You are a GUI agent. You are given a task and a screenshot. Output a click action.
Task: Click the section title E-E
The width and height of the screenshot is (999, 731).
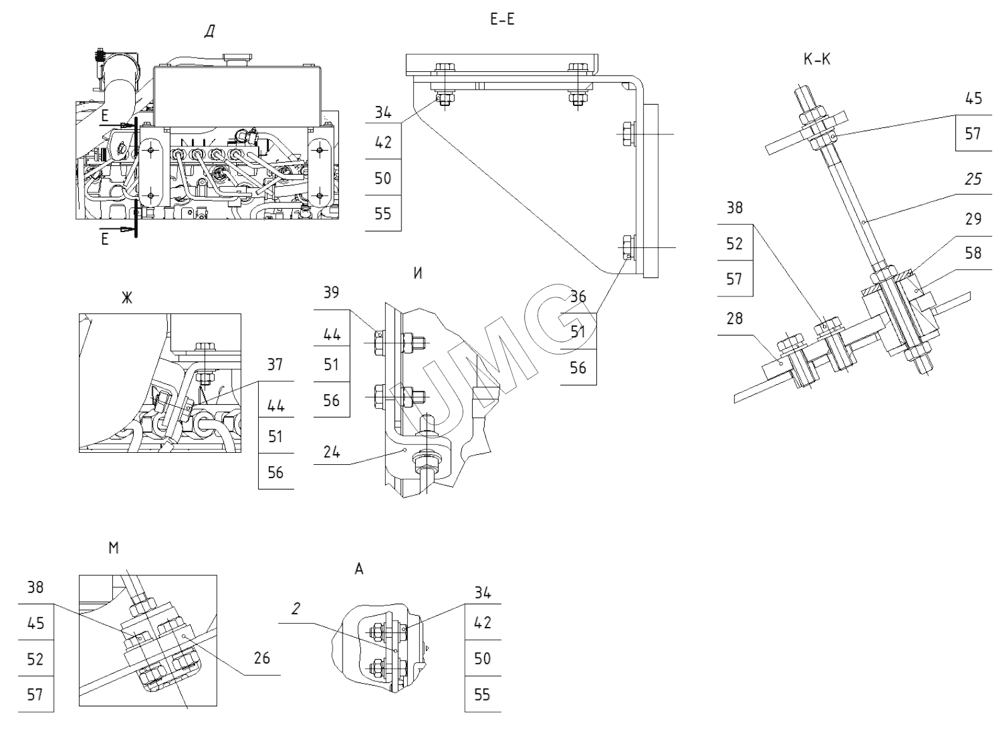click(502, 20)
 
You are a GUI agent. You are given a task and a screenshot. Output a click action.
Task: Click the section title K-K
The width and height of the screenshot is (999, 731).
click(817, 60)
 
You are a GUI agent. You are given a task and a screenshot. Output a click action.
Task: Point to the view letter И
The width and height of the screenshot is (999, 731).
click(417, 274)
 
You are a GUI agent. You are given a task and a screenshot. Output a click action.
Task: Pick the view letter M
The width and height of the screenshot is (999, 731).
click(114, 548)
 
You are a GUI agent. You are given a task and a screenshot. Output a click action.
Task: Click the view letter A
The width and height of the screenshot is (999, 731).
click(359, 569)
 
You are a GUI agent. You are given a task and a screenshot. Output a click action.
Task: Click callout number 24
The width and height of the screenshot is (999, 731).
click(331, 452)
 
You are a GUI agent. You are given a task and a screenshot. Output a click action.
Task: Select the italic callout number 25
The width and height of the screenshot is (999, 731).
click(973, 179)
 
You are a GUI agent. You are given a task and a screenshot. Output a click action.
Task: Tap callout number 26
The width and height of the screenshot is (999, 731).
click(261, 658)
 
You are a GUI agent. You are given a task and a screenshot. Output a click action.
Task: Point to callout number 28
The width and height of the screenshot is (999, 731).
click(735, 319)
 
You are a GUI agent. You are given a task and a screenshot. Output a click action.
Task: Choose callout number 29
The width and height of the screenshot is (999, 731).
click(973, 219)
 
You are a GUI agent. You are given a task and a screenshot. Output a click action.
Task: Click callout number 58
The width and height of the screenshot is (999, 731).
click(973, 253)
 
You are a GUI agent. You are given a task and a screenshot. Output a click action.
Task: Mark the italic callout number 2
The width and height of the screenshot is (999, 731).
click(296, 609)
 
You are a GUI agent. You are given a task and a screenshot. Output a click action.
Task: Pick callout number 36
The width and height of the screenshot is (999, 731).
click(578, 296)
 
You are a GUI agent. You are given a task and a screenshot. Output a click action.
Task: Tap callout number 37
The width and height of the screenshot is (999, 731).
click(275, 365)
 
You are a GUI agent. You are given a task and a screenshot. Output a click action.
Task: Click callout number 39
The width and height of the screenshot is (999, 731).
click(331, 293)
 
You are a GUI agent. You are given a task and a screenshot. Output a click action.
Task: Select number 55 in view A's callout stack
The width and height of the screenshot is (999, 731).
click(483, 694)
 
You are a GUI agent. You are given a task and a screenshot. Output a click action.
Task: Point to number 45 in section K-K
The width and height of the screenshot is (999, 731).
click(973, 98)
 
